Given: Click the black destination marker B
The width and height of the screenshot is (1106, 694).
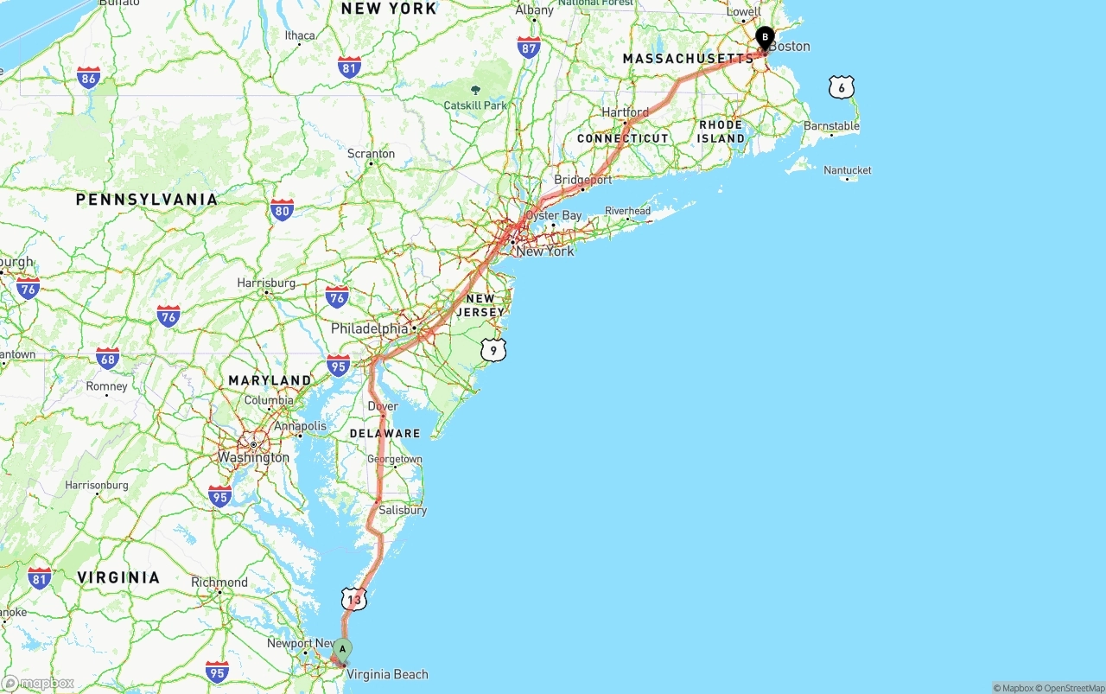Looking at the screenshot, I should coord(765,38).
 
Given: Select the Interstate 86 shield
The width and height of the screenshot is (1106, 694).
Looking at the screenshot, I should coord(88,78).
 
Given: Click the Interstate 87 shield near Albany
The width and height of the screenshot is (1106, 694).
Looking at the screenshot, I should coord(529,48).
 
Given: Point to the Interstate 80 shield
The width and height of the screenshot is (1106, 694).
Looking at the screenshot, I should coord(282,210).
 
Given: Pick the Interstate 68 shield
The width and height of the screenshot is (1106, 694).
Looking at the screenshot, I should coord(108,358).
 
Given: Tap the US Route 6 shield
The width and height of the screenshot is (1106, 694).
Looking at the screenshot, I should coord(841,86).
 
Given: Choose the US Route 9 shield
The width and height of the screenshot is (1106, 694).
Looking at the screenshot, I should coord(493,350).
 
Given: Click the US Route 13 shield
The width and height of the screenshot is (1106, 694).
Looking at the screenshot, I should coord(353,599).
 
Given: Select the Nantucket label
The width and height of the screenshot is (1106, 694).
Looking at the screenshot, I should coord(848,170).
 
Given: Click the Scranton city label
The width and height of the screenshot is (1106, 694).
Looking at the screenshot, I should coord(371,154).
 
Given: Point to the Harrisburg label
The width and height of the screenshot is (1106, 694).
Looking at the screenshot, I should coord(266,283).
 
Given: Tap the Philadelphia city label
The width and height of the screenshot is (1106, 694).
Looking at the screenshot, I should coord(370,328).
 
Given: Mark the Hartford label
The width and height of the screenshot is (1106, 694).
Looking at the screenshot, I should coord(625,112).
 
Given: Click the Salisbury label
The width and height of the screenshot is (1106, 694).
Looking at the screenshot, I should coord(403,510).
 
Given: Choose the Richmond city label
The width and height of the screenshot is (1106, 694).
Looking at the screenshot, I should coord(219,583).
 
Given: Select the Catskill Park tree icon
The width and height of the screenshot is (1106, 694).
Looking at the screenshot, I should coord(475,90).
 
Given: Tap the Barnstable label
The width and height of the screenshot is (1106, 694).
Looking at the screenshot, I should coord(831,126).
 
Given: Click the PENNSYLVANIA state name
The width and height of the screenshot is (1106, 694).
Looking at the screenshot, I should coord(147,200).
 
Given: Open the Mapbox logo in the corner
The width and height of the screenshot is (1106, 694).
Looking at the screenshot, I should coord(38,683).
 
